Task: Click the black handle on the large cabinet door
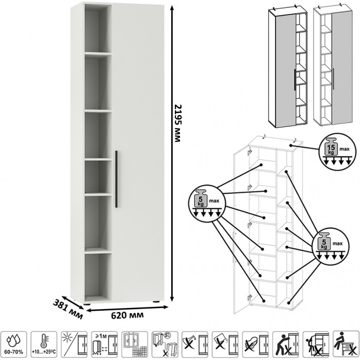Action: click(117, 179)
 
